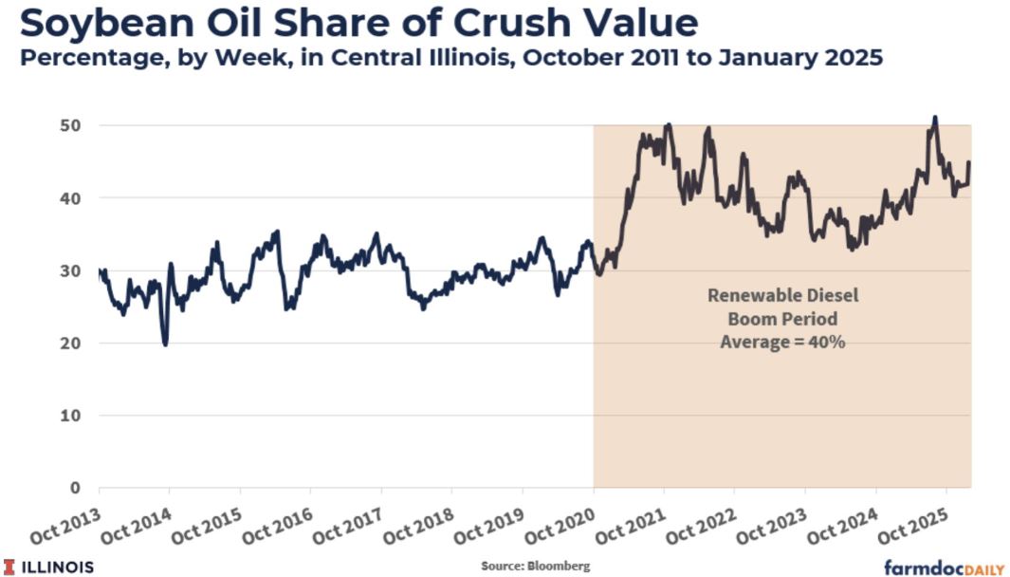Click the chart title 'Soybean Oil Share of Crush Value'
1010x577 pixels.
tap(358, 22)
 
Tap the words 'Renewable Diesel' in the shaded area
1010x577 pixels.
tap(782, 295)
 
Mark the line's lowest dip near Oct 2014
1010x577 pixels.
tap(165, 344)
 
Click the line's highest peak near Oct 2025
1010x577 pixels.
tap(935, 118)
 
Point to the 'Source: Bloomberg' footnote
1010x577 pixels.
tap(535, 566)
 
